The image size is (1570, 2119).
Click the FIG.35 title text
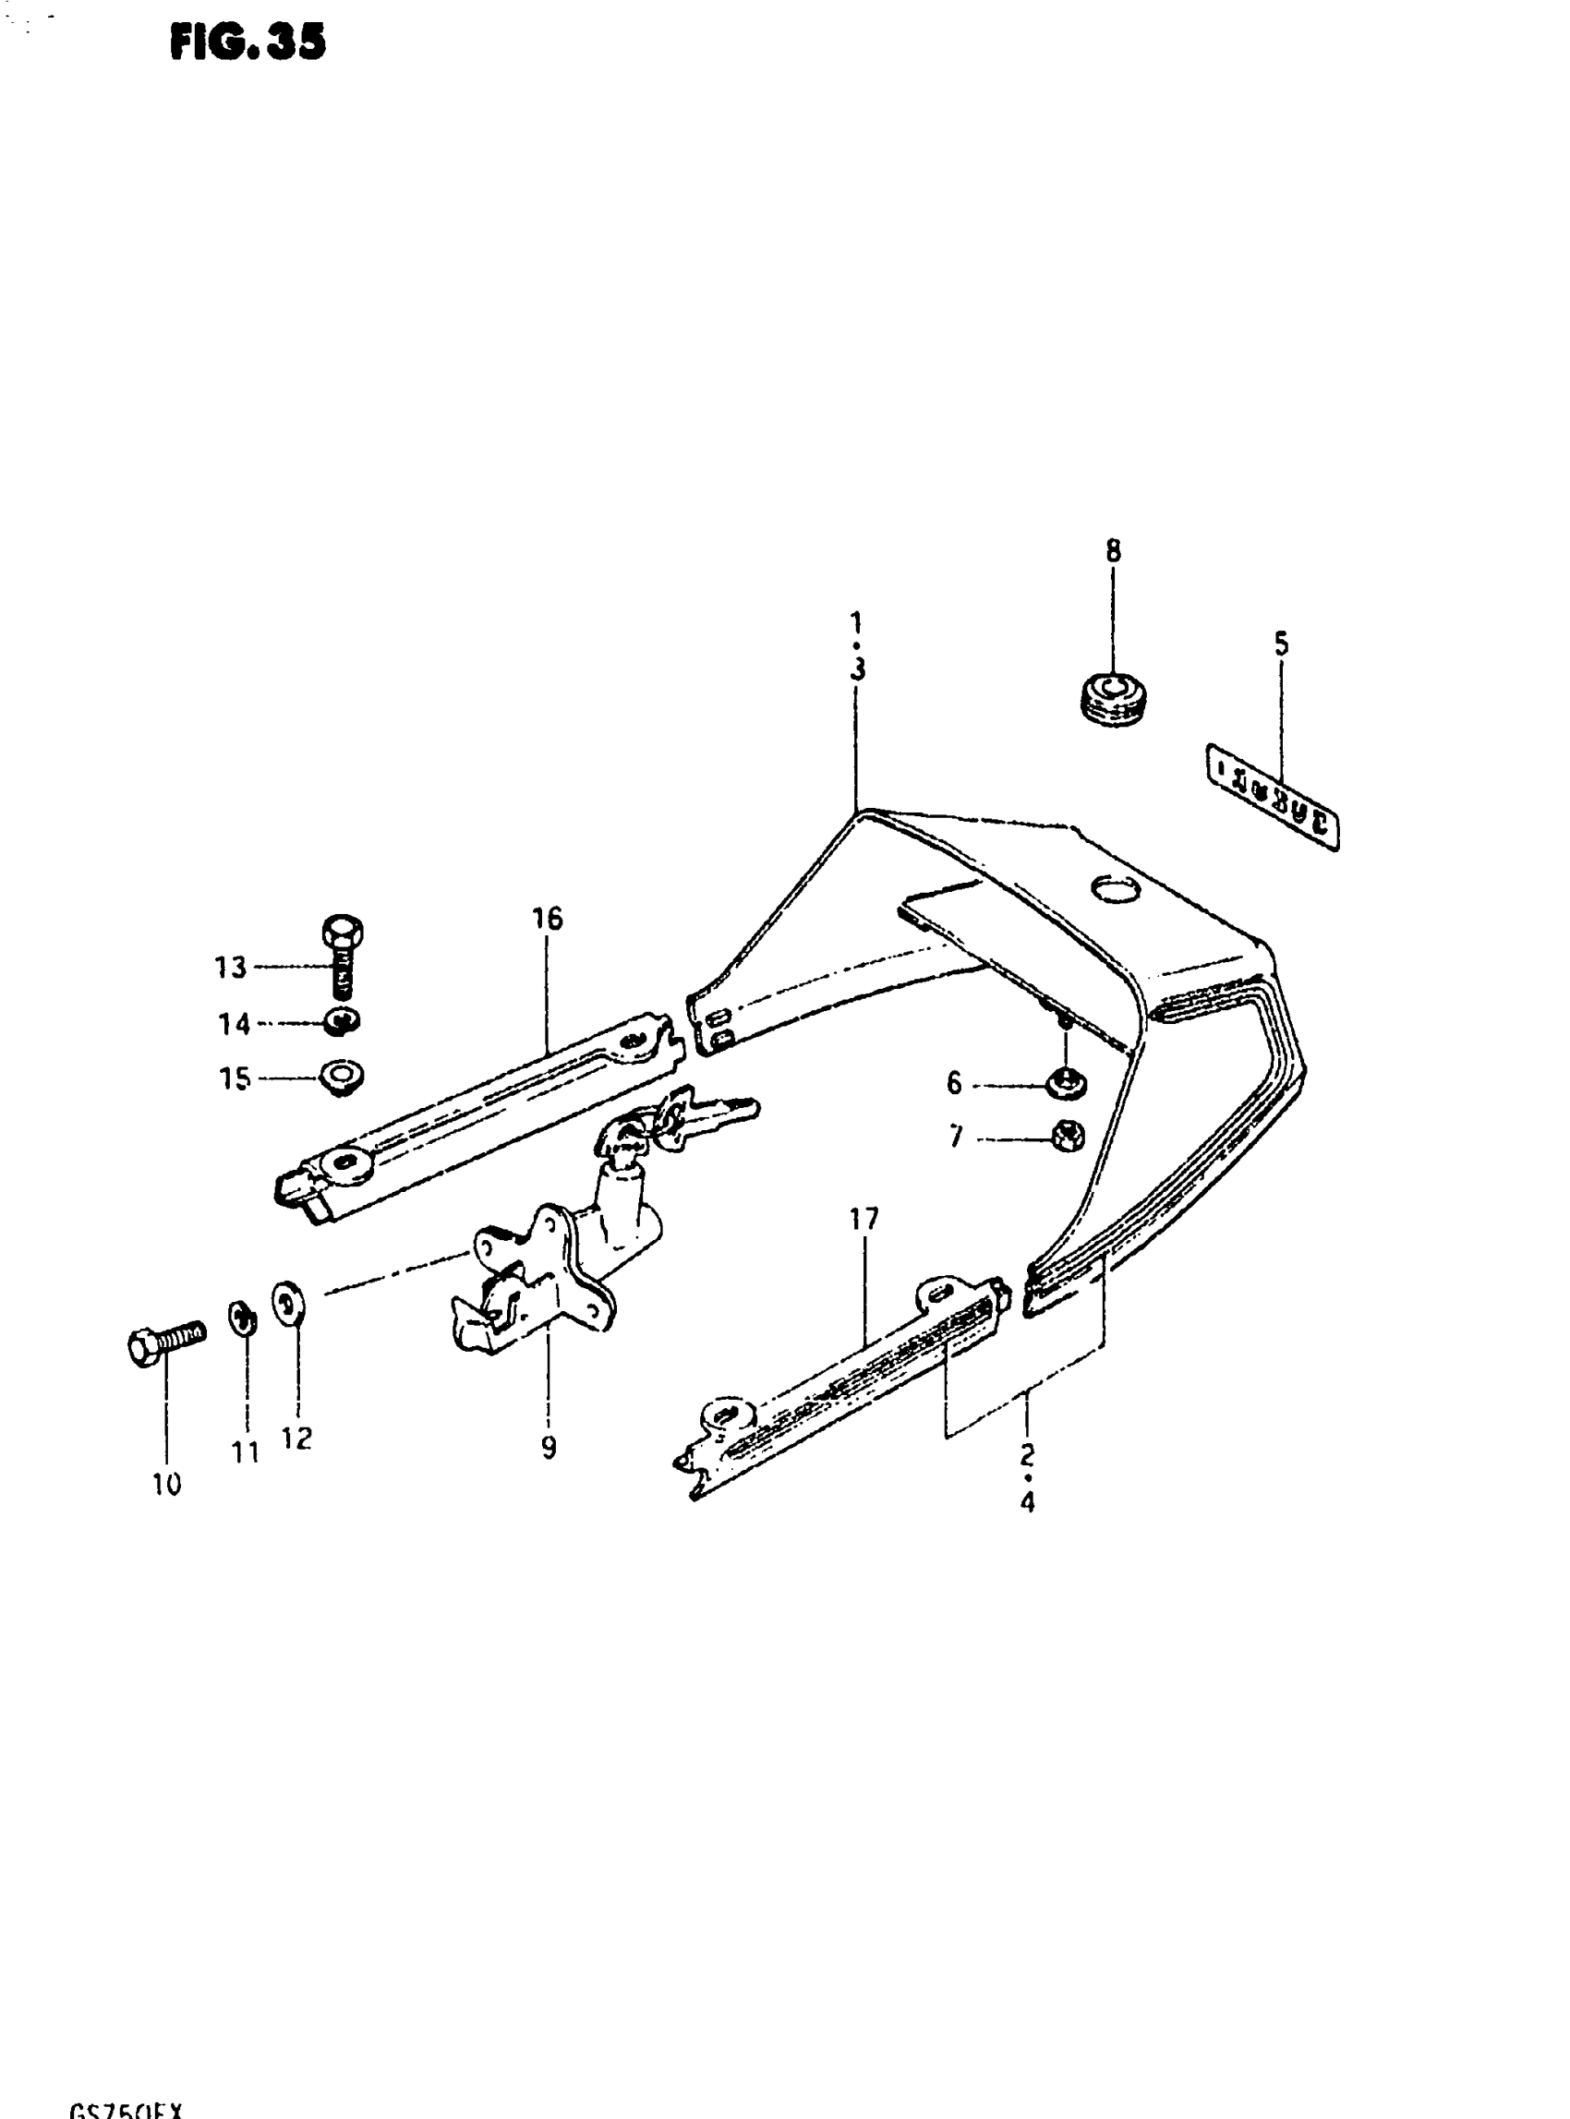248,42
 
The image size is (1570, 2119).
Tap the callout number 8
1113,551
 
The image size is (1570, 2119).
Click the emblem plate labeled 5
1272,795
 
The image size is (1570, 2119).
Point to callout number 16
548,918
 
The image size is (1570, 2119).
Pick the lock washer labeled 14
342,1021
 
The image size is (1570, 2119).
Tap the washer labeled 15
342,1078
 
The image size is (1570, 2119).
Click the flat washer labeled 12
288,1303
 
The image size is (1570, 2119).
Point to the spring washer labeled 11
242,1318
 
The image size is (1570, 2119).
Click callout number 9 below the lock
549,1447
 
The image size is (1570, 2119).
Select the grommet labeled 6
1068,1082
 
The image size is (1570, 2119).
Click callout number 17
863,1219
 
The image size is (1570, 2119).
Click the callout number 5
1281,644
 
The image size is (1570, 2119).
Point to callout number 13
230,968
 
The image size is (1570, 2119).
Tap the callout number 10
166,1485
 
